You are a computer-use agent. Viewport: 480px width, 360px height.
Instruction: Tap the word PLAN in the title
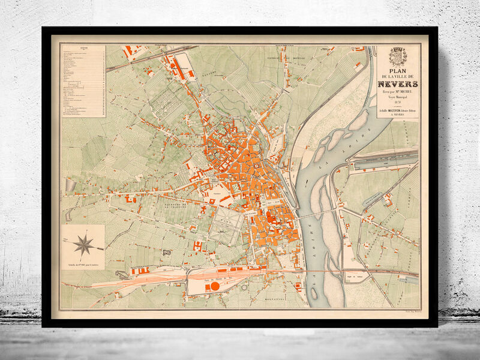398,70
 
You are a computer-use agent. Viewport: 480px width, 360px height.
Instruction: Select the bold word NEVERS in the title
398,84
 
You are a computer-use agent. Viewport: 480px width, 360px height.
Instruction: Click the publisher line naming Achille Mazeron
398,112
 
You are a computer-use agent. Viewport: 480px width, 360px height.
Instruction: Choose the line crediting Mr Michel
398,92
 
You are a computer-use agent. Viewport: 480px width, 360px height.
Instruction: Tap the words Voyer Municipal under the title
398,97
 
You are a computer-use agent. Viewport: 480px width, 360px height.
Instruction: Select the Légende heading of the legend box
83,48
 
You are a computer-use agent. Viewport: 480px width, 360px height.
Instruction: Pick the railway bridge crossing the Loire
318,271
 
